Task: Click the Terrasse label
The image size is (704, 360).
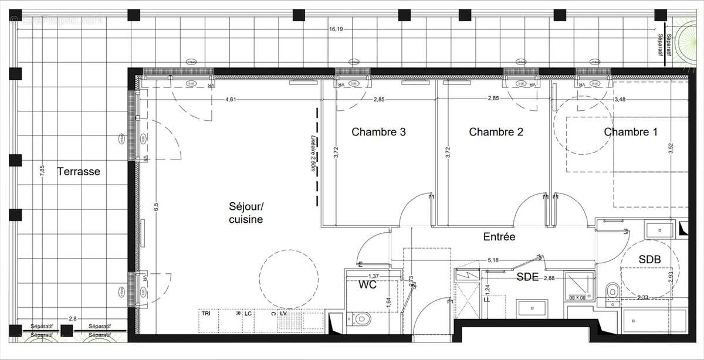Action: (x=79, y=172)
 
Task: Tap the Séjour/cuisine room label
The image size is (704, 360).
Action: (x=246, y=213)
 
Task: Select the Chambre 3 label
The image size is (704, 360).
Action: (x=378, y=133)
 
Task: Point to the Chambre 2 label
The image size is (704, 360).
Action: (x=496, y=133)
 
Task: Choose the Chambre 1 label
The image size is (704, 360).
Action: (x=631, y=133)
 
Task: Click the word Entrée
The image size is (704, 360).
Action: (x=499, y=237)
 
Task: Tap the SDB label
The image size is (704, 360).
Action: (x=650, y=259)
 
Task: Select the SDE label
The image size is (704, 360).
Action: (x=527, y=278)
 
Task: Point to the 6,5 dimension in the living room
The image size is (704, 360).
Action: (x=155, y=206)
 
